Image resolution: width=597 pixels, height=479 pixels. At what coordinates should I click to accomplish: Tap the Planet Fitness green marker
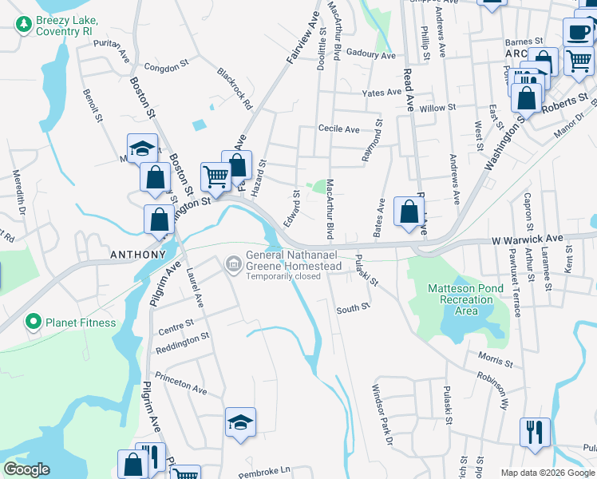pos(33,323)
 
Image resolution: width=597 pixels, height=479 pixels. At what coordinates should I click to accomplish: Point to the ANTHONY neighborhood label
pos(137,255)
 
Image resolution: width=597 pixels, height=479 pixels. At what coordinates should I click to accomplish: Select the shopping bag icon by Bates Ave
pos(409,212)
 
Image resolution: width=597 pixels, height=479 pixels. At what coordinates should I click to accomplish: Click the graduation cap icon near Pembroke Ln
pos(240,423)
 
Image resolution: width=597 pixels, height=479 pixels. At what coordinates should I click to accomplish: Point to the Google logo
pos(27,469)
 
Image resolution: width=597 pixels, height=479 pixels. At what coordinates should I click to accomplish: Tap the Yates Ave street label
pos(382,93)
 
